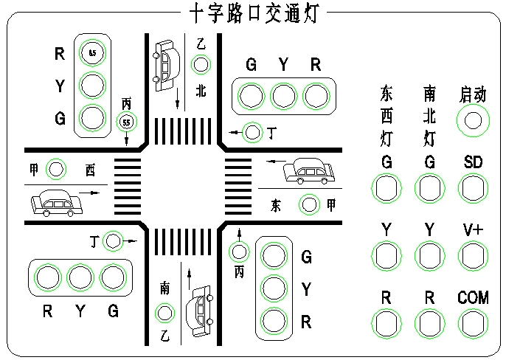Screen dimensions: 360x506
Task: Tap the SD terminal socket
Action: (473, 188)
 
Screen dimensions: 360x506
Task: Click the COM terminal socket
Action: (473, 322)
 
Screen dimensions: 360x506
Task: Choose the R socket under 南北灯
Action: (429, 322)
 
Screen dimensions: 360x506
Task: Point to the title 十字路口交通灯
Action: (253, 11)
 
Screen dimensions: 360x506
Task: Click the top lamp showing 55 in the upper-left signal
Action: (92, 52)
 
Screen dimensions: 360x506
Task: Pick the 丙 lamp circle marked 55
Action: (127, 121)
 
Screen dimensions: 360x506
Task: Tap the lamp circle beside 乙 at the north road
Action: (201, 65)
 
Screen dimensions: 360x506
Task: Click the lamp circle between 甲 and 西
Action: (57, 170)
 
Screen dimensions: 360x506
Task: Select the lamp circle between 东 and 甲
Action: (308, 204)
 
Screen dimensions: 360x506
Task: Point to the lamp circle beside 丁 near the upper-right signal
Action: (253, 133)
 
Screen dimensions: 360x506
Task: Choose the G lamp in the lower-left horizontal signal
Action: (113, 277)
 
